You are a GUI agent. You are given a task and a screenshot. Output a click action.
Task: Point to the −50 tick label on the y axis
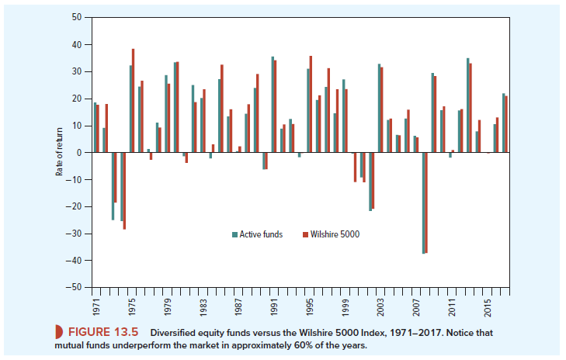click(75, 287)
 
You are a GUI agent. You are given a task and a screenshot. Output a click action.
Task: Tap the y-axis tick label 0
click(79, 153)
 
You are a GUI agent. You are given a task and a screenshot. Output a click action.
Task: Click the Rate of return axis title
click(59, 152)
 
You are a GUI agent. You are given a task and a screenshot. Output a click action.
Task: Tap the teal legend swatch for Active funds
click(234, 234)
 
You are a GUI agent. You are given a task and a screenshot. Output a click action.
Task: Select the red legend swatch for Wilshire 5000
click(305, 234)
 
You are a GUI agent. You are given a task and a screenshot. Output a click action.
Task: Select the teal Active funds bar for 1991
click(273, 105)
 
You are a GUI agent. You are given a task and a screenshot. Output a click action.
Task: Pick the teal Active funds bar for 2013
click(467, 106)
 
